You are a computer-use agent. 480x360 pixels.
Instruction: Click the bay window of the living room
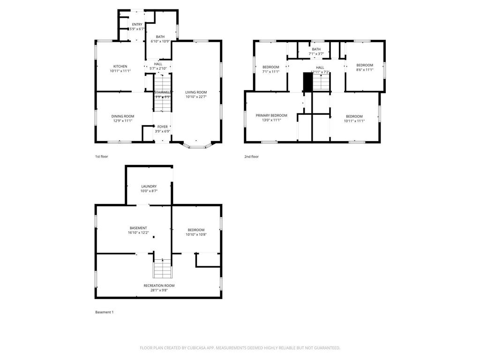click(x=197, y=145)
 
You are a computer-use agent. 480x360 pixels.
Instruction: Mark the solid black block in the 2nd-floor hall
click(x=307, y=82)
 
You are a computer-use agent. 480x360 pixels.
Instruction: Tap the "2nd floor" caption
click(x=251, y=157)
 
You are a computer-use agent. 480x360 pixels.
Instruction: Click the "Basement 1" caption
click(x=104, y=312)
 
